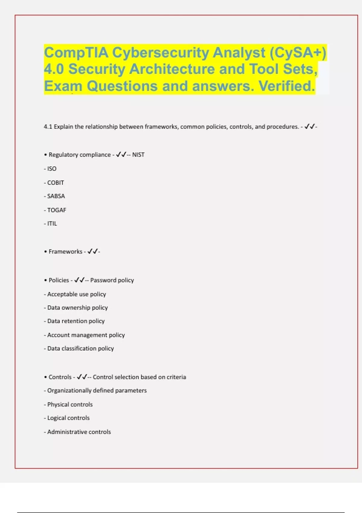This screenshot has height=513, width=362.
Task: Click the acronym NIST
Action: tap(138, 155)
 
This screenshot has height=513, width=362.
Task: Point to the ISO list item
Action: tap(52, 169)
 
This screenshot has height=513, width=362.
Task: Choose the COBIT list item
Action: tap(55, 183)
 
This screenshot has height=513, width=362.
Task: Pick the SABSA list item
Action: tap(56, 196)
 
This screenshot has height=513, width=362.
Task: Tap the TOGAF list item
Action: tap(56, 210)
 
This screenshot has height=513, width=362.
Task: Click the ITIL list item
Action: tap(52, 224)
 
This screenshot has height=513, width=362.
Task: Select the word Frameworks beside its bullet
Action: tap(65, 252)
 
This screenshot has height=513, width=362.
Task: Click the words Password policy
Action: tap(112, 280)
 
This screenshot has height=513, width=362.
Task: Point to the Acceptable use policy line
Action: tap(76, 294)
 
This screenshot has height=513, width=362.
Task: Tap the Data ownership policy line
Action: tap(77, 308)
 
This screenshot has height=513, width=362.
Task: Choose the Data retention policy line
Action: tap(76, 321)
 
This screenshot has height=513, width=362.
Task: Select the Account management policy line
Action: tap(86, 335)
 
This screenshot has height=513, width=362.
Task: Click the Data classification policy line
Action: tap(80, 349)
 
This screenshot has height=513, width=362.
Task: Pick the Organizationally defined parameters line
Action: tap(97, 390)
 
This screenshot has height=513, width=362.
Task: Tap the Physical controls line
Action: tap(70, 404)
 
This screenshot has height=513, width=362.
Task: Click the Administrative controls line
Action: tap(79, 432)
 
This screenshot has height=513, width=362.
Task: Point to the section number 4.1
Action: tap(48, 127)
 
